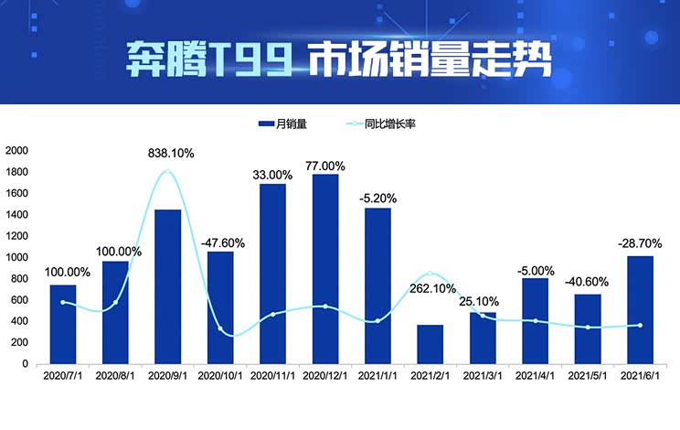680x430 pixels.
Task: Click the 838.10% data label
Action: [171, 154]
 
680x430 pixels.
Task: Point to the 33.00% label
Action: [273, 175]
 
